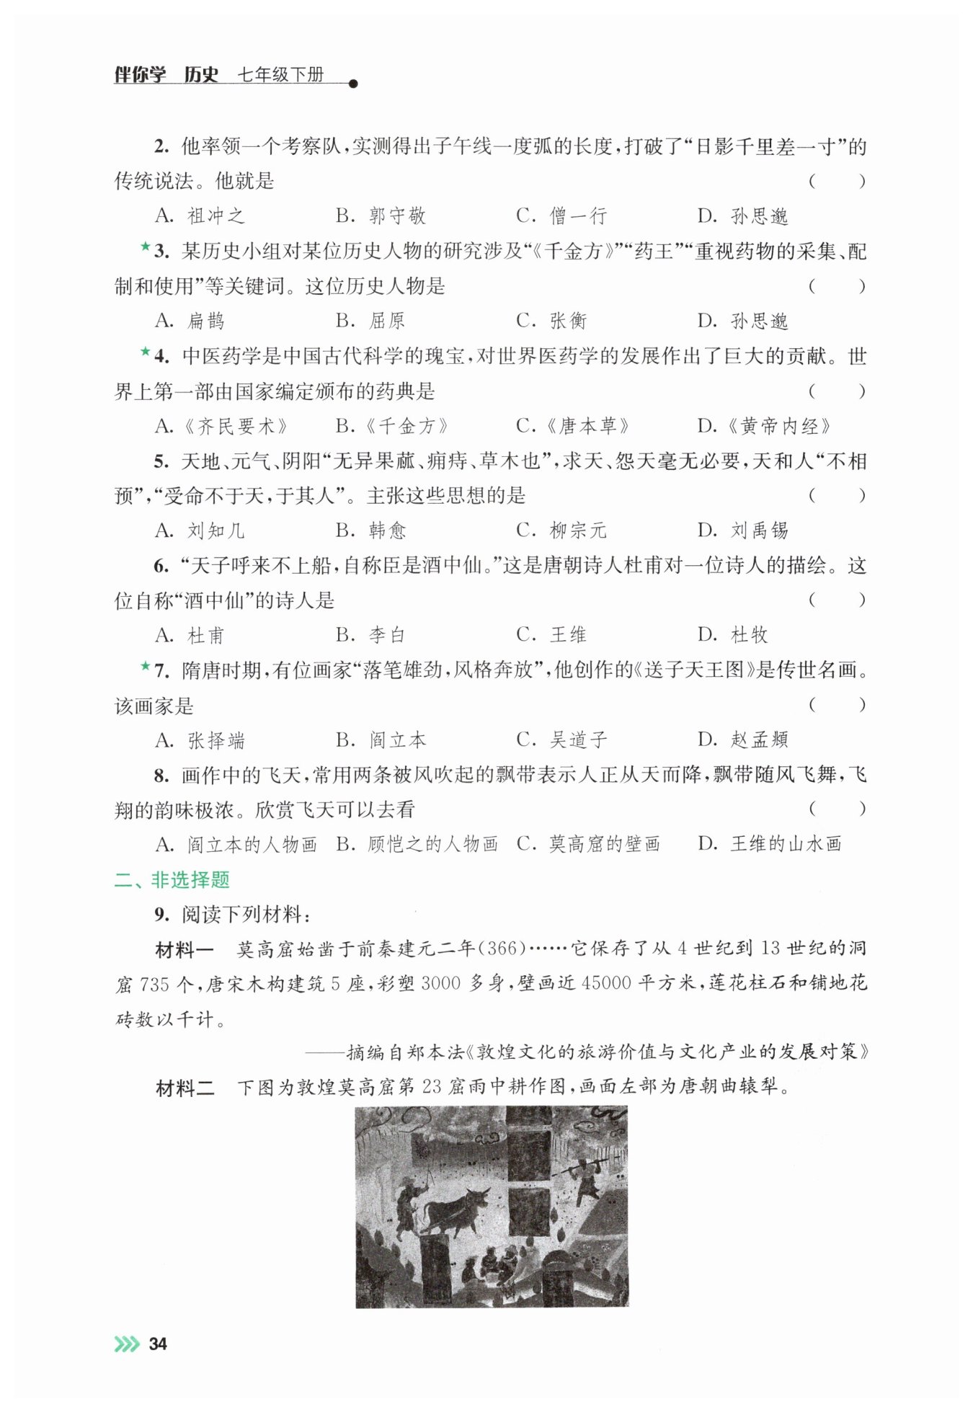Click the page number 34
157,1344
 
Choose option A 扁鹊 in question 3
190,321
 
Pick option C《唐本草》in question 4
573,426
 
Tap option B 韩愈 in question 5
371,530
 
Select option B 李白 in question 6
370,635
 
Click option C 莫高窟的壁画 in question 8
588,844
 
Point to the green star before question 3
145,247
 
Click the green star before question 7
145,667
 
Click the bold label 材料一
185,949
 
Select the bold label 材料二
185,1087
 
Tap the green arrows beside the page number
127,1344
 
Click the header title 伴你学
140,75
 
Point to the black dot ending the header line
352,84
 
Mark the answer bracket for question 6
836,600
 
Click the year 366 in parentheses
502,949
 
